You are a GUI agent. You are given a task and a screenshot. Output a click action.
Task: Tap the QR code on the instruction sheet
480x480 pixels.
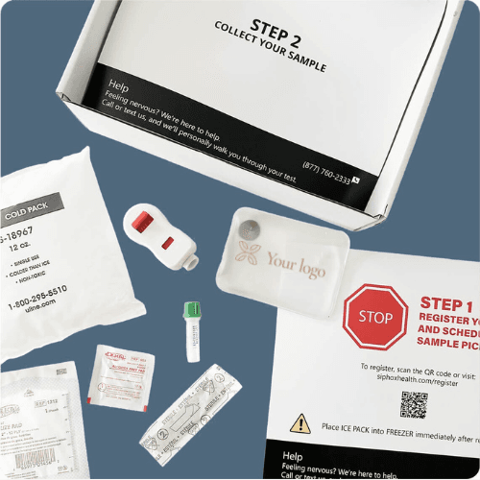414,404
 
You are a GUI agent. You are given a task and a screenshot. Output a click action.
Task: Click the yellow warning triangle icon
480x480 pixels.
300,421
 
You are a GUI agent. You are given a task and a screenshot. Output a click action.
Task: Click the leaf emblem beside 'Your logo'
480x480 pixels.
248,254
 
